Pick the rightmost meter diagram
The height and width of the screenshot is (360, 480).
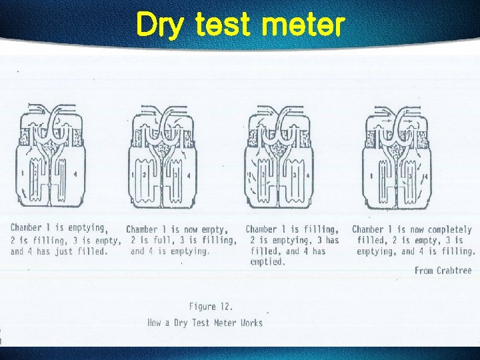click(395, 156)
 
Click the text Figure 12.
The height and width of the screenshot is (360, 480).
click(212, 307)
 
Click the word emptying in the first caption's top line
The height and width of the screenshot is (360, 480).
click(85, 228)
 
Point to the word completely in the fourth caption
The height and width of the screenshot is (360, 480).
click(449, 229)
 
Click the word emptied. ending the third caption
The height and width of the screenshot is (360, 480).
click(268, 262)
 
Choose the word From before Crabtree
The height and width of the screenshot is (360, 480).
click(423, 271)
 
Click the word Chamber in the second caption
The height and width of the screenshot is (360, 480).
click(142, 229)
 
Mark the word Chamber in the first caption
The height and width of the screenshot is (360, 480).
click(27, 228)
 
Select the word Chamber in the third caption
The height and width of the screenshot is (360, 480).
click(262, 229)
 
